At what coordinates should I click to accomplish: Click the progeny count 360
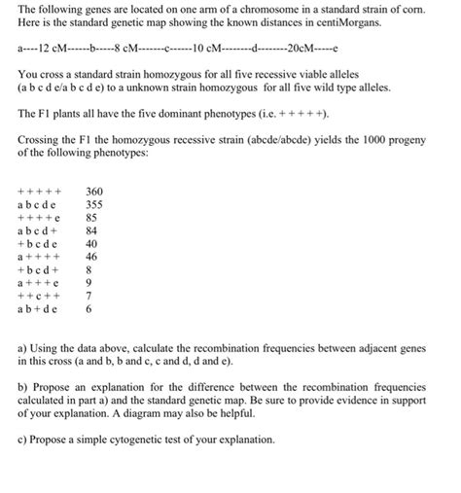94,192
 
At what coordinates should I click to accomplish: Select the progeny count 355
94,205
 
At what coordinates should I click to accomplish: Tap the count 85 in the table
91,219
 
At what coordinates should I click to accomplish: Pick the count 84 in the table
91,232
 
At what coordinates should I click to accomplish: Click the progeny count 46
91,259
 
